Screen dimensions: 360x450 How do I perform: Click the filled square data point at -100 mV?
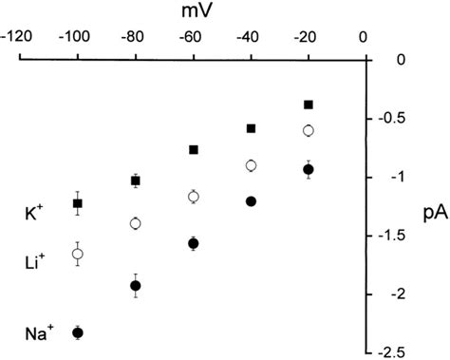[78, 203]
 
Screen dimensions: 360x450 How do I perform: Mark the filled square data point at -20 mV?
[309, 104]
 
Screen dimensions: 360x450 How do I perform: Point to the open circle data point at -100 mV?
[78, 254]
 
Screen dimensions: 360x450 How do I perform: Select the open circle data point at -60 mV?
[194, 197]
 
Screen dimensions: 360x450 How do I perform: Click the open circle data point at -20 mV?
[309, 130]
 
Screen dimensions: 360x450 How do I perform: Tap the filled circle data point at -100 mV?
[78, 332]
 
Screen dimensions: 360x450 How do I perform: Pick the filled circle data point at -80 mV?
[135, 286]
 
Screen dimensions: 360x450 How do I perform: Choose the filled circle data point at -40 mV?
[252, 201]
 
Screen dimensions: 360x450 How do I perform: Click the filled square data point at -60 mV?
[194, 150]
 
